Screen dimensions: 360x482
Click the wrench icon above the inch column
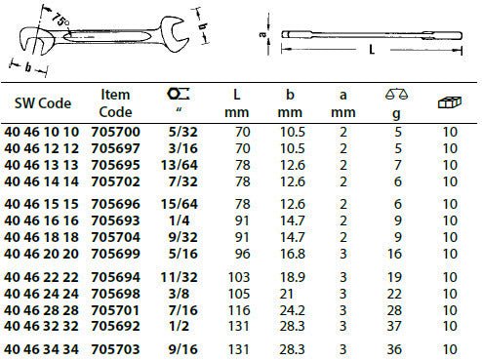[x=179, y=94]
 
